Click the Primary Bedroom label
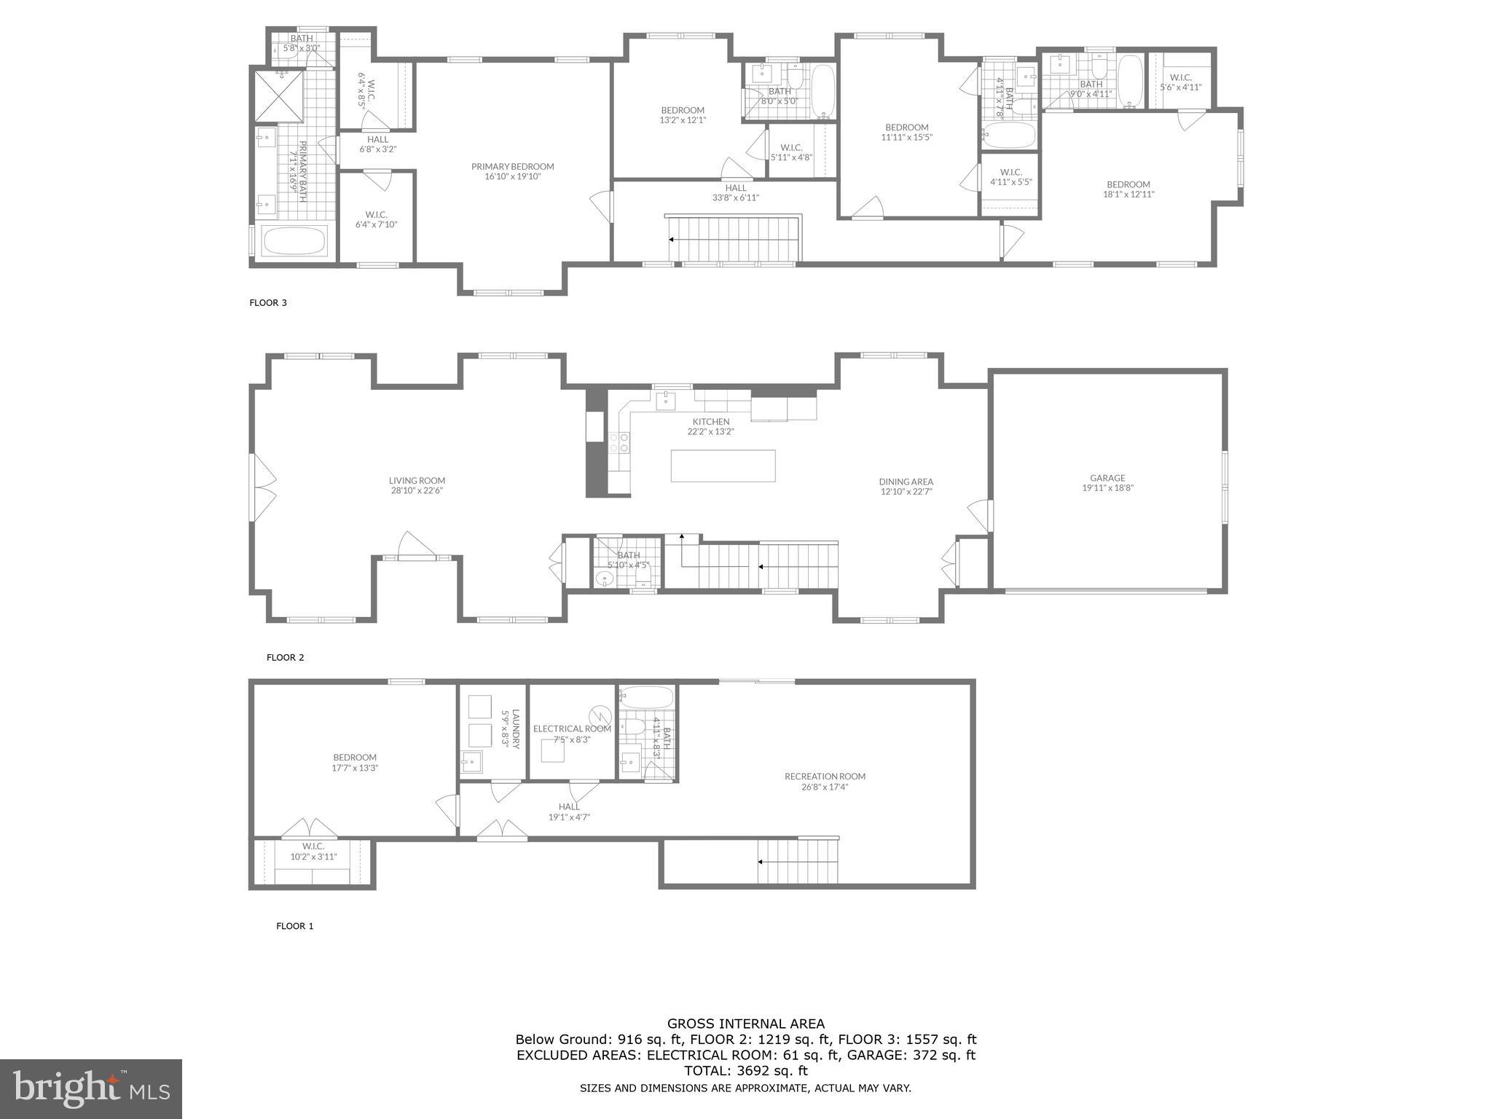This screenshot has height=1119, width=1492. (512, 167)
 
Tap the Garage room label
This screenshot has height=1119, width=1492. (1107, 478)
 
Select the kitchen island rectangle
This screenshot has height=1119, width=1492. (723, 466)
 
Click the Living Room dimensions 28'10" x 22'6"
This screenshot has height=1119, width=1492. (417, 491)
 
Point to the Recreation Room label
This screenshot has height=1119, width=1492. (825, 777)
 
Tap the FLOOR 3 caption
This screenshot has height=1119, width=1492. (268, 303)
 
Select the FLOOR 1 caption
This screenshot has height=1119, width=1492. (294, 927)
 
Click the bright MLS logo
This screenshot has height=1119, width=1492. (91, 1088)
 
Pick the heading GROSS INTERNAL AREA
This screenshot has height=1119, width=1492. (746, 1024)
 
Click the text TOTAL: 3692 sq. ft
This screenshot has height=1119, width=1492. (746, 1071)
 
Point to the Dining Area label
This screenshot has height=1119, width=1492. (906, 482)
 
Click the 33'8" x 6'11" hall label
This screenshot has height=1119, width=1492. (735, 197)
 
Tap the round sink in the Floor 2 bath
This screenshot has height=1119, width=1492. (604, 580)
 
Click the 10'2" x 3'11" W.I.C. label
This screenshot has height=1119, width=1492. (313, 857)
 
